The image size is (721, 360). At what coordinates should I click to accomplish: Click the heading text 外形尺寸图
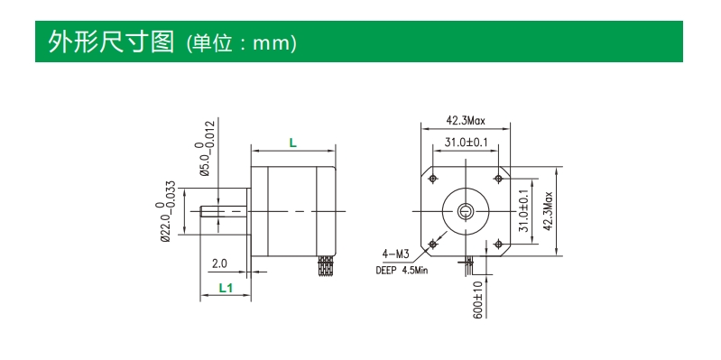pyautogui.click(x=111, y=42)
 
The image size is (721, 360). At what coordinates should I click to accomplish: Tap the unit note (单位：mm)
pyautogui.click(x=242, y=43)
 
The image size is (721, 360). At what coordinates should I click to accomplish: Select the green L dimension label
pyautogui.click(x=293, y=143)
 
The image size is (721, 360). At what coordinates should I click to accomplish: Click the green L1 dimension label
pyautogui.click(x=226, y=288)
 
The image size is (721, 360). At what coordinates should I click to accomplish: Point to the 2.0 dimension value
pyautogui.click(x=219, y=263)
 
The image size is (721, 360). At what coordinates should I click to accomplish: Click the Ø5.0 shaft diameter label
pyautogui.click(x=205, y=148)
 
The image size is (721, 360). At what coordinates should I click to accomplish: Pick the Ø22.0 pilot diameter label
pyautogui.click(x=165, y=211)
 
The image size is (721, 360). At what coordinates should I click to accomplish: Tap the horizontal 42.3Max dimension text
pyautogui.click(x=466, y=121)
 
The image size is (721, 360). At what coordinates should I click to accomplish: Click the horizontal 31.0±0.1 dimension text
pyautogui.click(x=466, y=143)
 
